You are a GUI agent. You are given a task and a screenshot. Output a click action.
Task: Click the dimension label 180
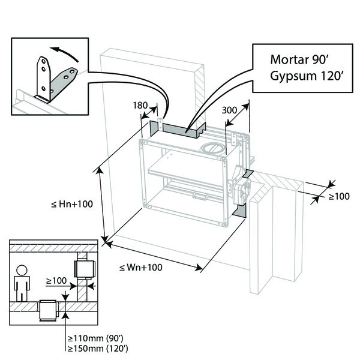click(x=140, y=106)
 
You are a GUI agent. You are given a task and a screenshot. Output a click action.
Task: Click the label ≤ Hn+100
click(x=72, y=204)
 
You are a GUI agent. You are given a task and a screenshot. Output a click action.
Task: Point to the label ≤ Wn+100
click(x=142, y=268)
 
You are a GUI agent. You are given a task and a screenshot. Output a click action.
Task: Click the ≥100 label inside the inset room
click(x=57, y=280)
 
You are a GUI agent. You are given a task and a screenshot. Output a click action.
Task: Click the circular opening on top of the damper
click(x=212, y=146)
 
